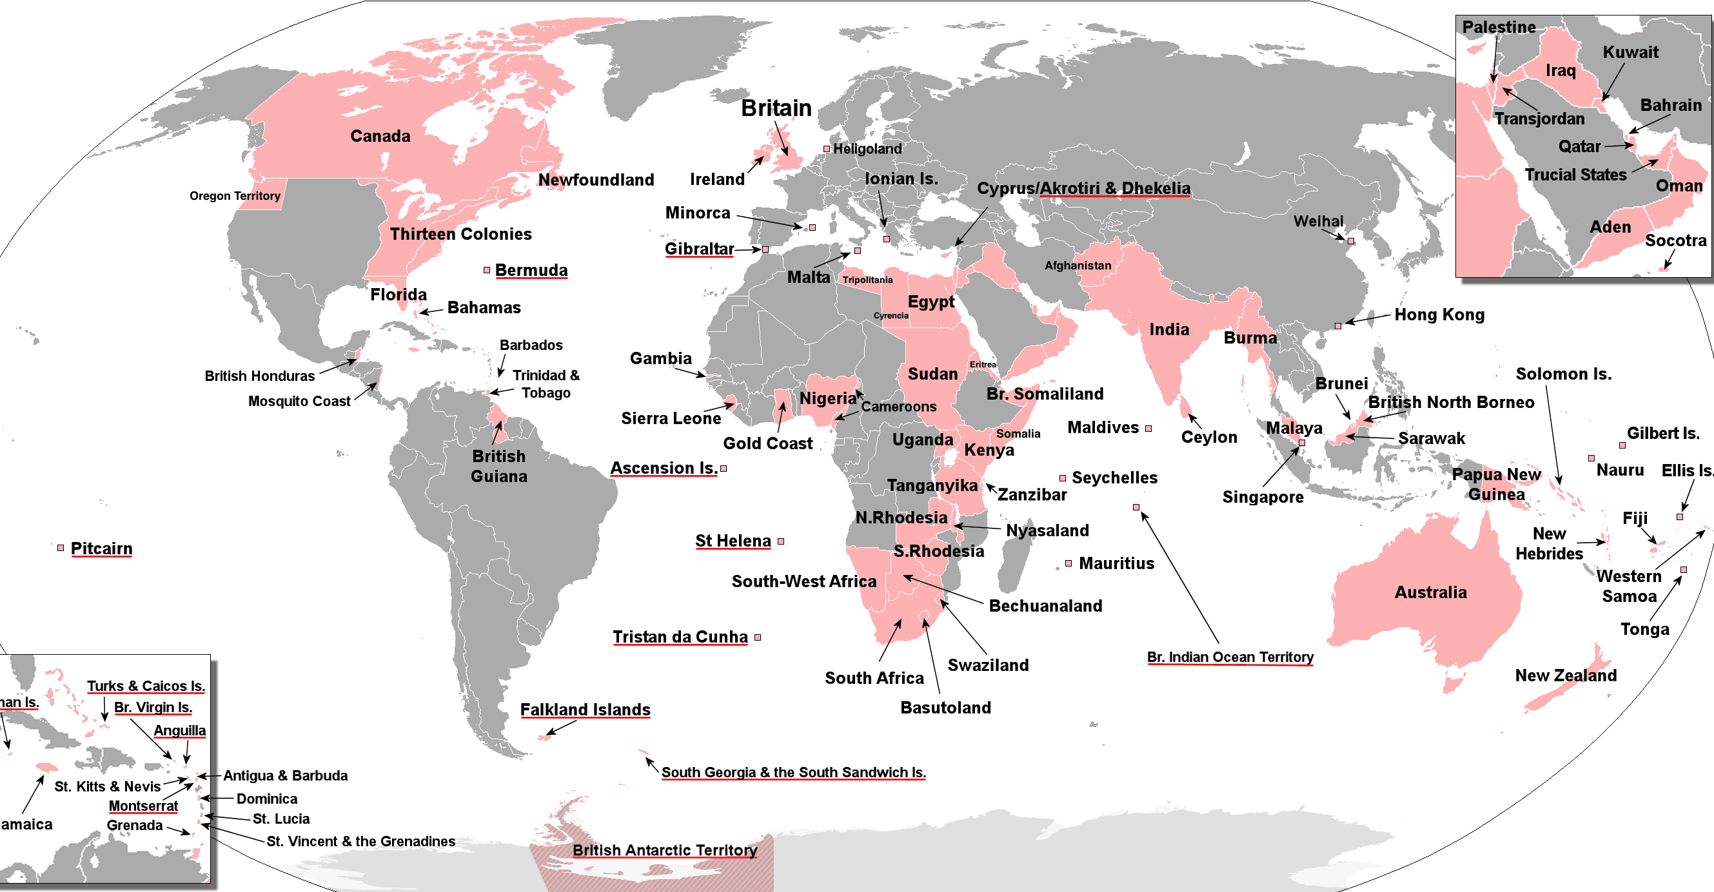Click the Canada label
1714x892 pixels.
[380, 137]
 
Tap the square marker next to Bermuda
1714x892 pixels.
[486, 270]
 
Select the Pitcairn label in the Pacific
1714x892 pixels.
[101, 548]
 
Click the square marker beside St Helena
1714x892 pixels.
[781, 541]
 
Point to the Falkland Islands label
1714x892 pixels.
[585, 710]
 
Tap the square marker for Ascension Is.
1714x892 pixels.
[724, 469]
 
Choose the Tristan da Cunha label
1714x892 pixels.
[680, 637]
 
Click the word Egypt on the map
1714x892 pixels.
[931, 302]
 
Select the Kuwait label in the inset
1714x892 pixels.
[1630, 52]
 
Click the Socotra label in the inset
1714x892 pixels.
[1675, 240]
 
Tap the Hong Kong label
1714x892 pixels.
[1439, 315]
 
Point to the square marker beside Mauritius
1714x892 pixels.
[1069, 563]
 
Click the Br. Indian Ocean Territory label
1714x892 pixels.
[1230, 657]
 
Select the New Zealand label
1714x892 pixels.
[1566, 675]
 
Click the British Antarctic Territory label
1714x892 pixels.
[665, 850]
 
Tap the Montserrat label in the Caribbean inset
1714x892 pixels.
[143, 806]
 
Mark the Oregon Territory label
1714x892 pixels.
[235, 195]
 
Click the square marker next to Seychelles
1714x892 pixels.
[1063, 478]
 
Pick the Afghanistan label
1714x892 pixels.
[1078, 266]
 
